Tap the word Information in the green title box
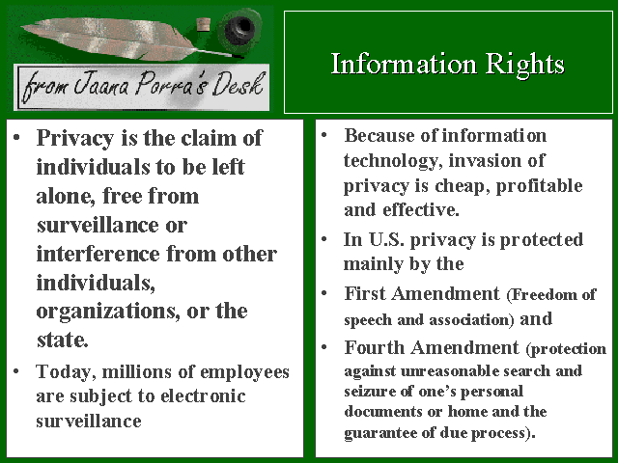click(x=404, y=64)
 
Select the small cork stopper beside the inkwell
click(x=203, y=25)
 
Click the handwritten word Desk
click(x=239, y=84)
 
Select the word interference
click(x=98, y=254)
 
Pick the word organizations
click(x=105, y=312)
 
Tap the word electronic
click(x=204, y=395)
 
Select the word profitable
click(x=539, y=186)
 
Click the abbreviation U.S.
click(x=386, y=239)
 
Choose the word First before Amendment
click(x=365, y=293)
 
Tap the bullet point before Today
click(x=16, y=370)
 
